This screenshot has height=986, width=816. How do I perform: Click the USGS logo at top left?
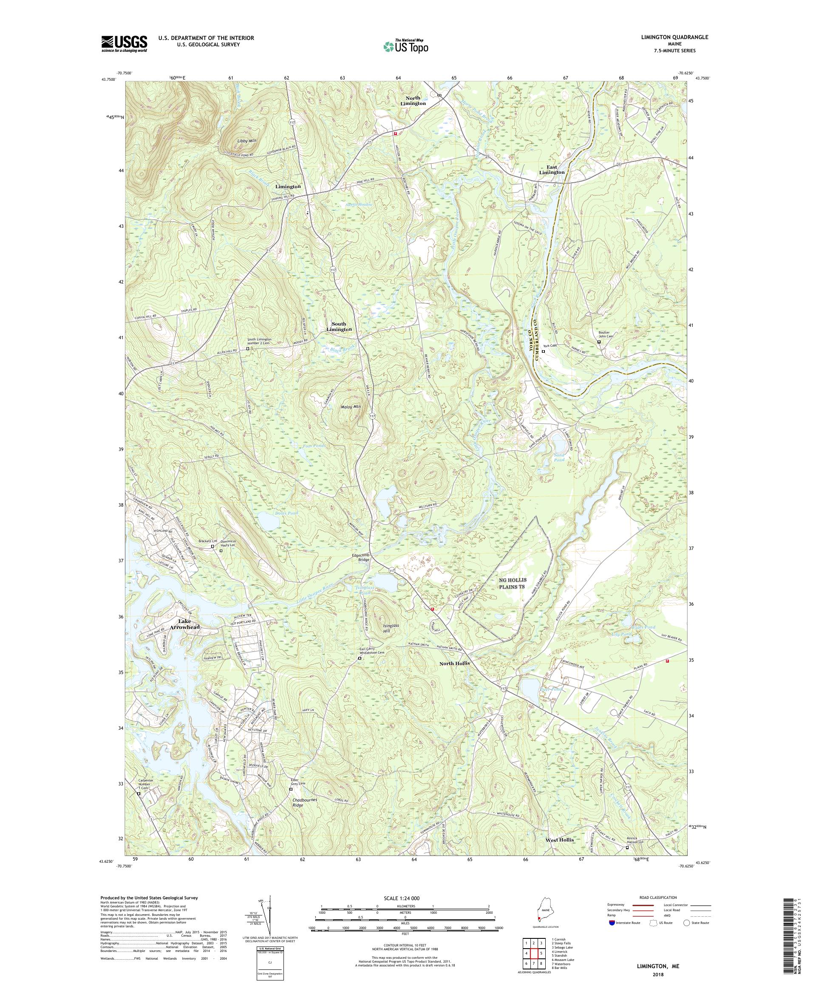[x=124, y=44]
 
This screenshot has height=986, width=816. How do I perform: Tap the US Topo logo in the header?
[x=406, y=46]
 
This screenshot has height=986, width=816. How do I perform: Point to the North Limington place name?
[x=413, y=100]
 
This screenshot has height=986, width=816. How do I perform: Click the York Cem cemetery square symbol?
[x=543, y=351]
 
